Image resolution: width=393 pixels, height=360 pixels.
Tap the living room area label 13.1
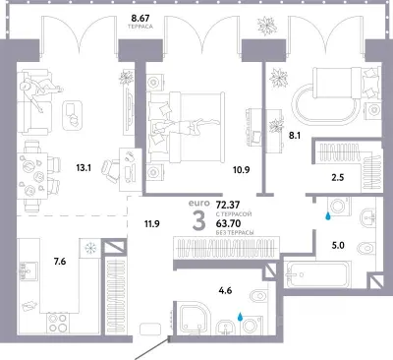[84, 168]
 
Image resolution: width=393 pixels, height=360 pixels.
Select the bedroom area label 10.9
[242, 170]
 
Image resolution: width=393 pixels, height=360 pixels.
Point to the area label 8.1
[295, 136]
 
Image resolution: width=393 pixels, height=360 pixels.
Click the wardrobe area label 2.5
[338, 178]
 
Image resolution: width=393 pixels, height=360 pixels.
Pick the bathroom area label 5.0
[338, 245]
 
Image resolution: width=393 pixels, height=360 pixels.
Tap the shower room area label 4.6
[225, 290]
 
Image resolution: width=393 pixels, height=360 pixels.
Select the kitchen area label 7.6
[60, 262]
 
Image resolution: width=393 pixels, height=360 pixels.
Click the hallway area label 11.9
[152, 224]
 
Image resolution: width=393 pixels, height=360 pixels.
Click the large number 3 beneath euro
[198, 221]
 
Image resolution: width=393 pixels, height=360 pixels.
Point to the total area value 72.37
[228, 205]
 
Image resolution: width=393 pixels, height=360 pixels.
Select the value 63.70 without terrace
[228, 223]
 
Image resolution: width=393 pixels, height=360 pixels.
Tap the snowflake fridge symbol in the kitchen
[90, 248]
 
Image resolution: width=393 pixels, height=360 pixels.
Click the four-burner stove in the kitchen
[57, 323]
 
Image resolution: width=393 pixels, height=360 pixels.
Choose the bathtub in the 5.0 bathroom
[317, 274]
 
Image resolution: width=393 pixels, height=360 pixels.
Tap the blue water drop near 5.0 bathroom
[327, 216]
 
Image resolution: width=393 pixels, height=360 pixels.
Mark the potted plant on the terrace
[267, 26]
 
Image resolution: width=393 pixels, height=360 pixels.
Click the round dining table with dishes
[32, 177]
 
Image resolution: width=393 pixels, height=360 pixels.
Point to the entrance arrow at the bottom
[151, 348]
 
